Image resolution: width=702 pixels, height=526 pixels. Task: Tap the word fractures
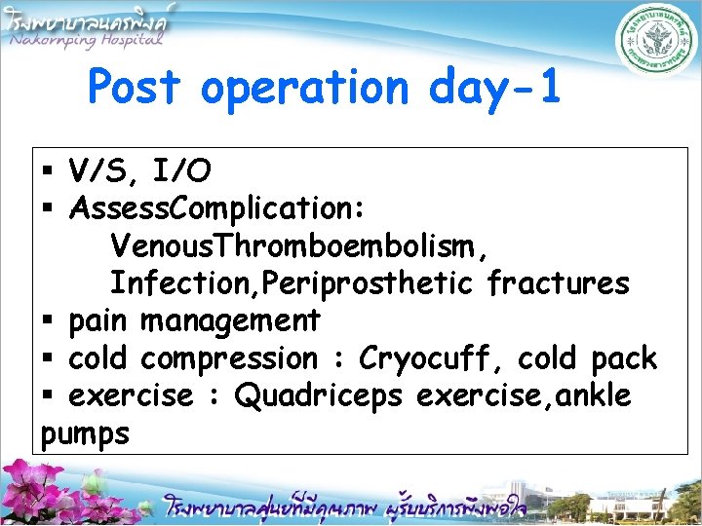[x=558, y=282]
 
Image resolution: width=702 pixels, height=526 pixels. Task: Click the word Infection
[x=170, y=282]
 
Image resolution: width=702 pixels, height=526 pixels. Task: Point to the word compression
[x=228, y=359]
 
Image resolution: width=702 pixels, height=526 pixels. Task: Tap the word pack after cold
[x=624, y=358]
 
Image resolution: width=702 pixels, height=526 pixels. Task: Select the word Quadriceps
[x=319, y=396]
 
